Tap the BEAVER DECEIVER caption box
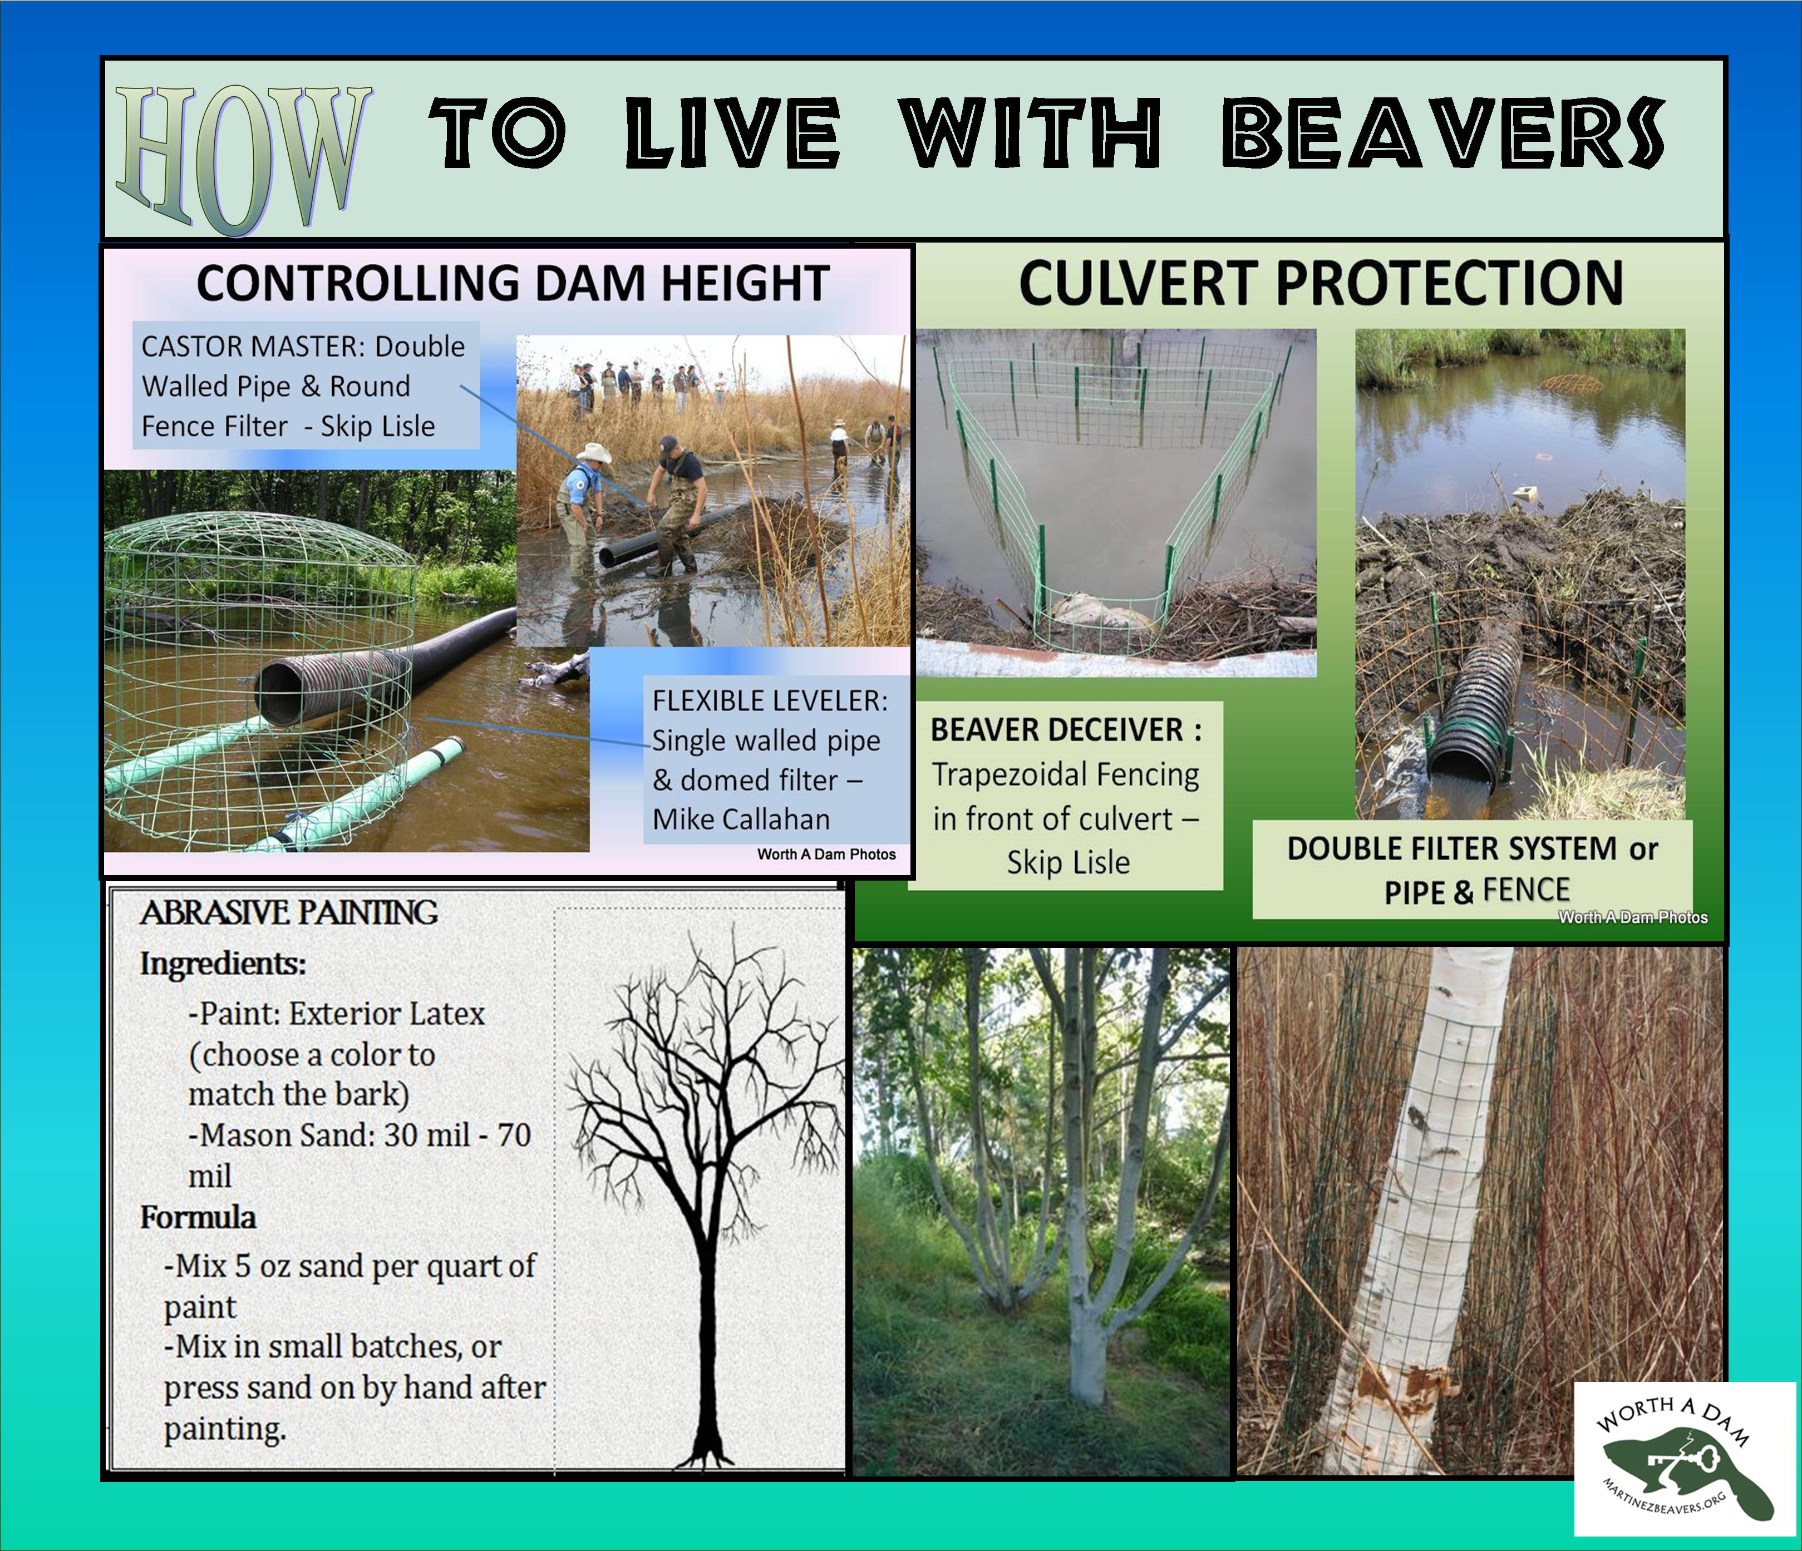1065,796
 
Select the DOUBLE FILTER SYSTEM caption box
1473,870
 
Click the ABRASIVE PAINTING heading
289,912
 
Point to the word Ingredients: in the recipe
224,964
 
